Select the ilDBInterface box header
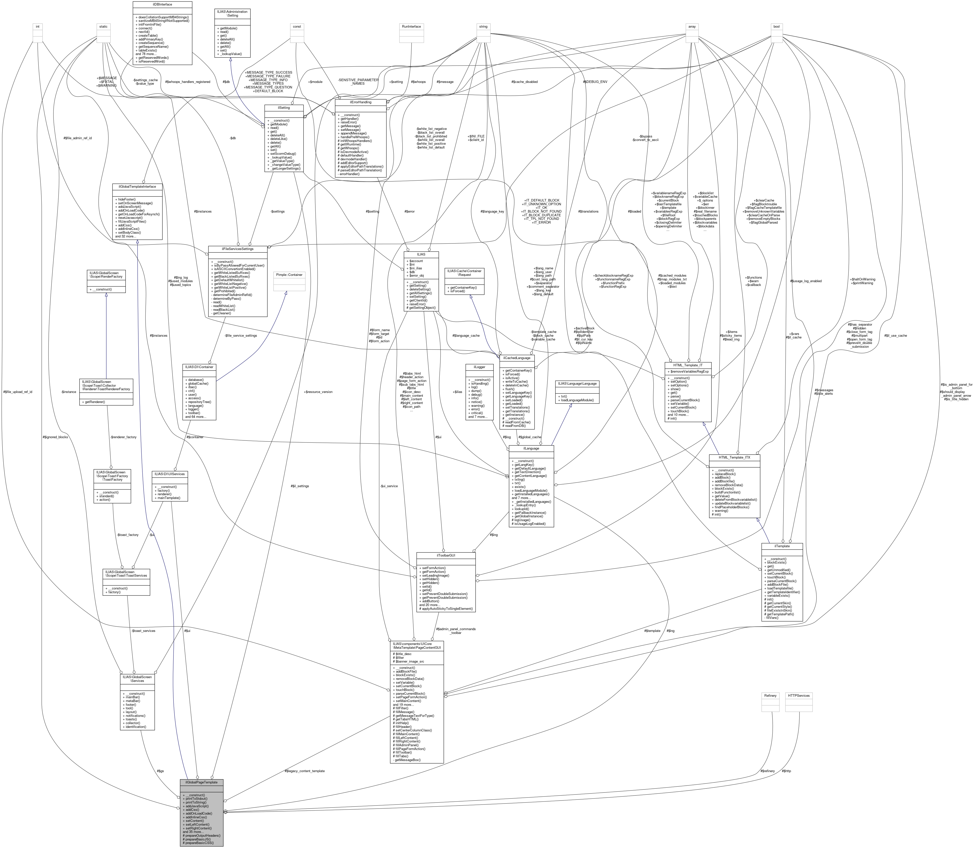[x=162, y=4]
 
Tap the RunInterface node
[x=411, y=26]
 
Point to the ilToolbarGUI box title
[x=445, y=555]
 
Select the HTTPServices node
[x=798, y=696]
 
